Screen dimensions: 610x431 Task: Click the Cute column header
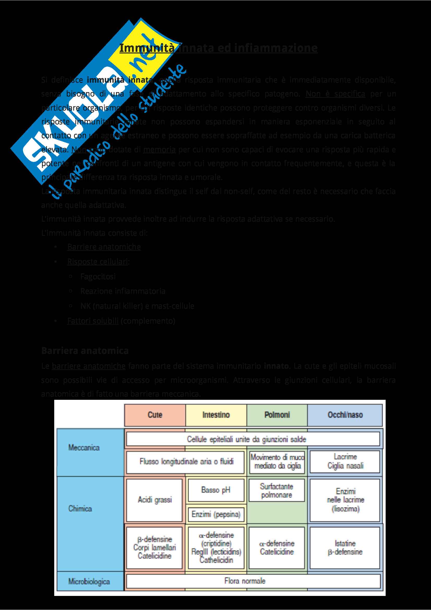[x=155, y=415]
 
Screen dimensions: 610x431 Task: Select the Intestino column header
[x=216, y=415]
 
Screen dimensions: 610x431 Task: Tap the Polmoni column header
[x=277, y=415]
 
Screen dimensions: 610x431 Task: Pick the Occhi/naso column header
[x=345, y=415]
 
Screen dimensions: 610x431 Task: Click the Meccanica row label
[x=84, y=448]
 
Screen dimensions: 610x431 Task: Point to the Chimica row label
[x=80, y=509]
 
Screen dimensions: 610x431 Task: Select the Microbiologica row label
[x=89, y=582]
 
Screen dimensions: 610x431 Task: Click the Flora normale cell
[x=245, y=581]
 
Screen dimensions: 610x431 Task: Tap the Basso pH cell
[x=216, y=490]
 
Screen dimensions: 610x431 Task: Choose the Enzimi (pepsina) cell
[x=216, y=514]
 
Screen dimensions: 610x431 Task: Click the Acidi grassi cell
[x=155, y=500]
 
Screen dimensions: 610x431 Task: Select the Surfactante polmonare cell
[x=277, y=491]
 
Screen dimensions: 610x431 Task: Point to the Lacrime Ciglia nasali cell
[x=345, y=461]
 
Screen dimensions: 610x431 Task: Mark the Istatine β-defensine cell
[x=345, y=548]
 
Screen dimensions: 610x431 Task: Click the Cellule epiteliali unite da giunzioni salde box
[x=246, y=439]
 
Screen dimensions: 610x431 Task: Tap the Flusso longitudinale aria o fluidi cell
[x=186, y=462]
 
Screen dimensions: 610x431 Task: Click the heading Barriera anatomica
[x=85, y=351]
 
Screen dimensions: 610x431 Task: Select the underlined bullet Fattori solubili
[x=93, y=321]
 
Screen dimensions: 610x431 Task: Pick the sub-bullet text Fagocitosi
[x=98, y=276]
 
